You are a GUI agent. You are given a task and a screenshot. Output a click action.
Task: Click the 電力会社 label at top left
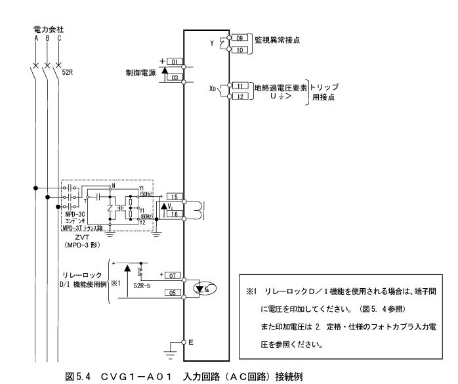(x=47, y=30)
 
